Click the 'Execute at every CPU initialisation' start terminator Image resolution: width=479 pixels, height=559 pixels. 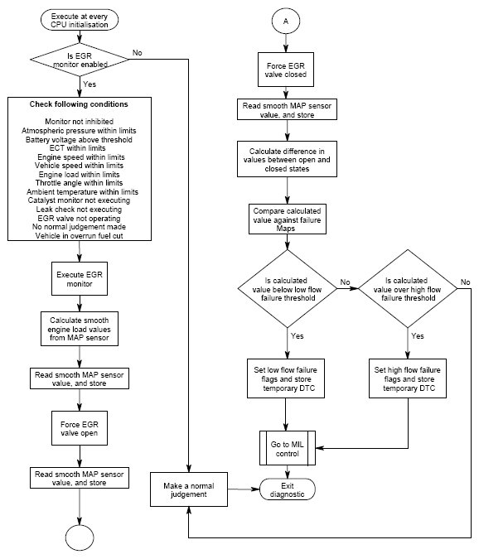pyautogui.click(x=80, y=20)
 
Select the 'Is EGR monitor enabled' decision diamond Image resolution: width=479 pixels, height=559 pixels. pyautogui.click(x=80, y=60)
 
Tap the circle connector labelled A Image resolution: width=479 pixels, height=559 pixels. pyautogui.click(x=286, y=21)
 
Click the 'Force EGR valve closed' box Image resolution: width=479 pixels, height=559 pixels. pyautogui.click(x=286, y=70)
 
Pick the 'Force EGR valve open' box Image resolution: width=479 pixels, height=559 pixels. pyautogui.click(x=80, y=428)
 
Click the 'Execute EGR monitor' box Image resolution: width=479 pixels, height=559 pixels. pyautogui.click(x=80, y=279)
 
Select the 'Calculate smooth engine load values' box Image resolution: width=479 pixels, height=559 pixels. pyautogui.click(x=80, y=329)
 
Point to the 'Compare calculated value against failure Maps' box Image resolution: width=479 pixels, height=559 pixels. pyautogui.click(x=287, y=219)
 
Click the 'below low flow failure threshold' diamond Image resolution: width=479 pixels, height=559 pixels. pyautogui.click(x=287, y=289)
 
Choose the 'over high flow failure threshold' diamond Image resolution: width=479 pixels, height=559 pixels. pyautogui.click(x=408, y=289)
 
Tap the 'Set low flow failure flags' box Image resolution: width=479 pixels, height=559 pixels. pyautogui.click(x=286, y=378)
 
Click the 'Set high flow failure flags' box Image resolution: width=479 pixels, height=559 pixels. pyautogui.click(x=408, y=378)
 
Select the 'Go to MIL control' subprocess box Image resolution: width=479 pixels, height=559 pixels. pyautogui.click(x=288, y=448)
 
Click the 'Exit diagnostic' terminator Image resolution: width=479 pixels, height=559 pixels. pyautogui.click(x=288, y=489)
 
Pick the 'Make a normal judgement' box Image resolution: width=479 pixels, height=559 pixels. pyautogui.click(x=189, y=489)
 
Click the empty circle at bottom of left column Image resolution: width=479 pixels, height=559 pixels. pyautogui.click(x=80, y=537)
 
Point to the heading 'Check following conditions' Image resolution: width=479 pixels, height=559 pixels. pyautogui.click(x=79, y=104)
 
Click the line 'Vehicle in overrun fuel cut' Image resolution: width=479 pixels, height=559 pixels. pyautogui.click(x=80, y=236)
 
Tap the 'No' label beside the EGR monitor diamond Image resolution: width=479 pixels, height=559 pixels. pyautogui.click(x=138, y=53)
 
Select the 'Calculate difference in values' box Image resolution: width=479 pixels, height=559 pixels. pyautogui.click(x=287, y=159)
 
